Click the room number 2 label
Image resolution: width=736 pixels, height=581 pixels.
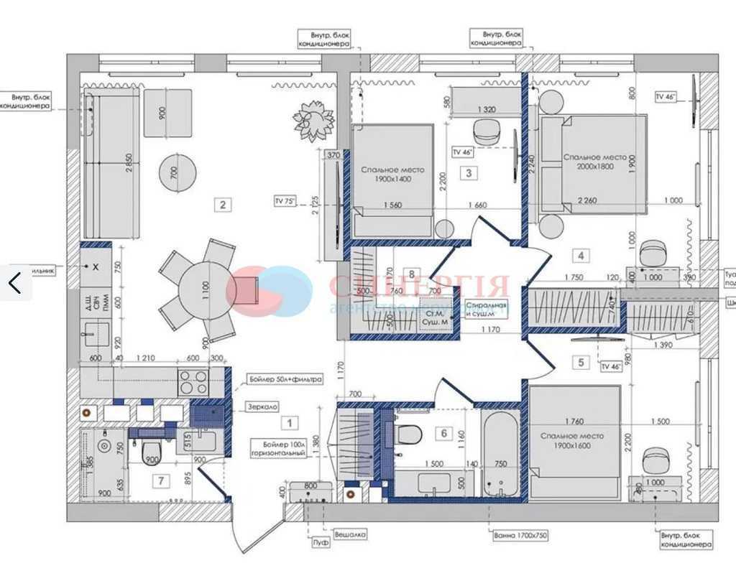pyautogui.click(x=224, y=205)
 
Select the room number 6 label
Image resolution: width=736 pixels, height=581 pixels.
pyautogui.click(x=443, y=433)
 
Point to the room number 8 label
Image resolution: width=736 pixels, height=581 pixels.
pyautogui.click(x=411, y=274)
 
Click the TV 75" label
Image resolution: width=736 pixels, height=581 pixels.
pyautogui.click(x=285, y=202)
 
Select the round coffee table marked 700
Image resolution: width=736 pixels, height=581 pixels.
pyautogui.click(x=177, y=172)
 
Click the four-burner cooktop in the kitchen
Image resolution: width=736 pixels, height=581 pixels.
pyautogui.click(x=193, y=381)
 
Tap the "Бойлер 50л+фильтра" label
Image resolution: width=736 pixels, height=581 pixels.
pyautogui.click(x=285, y=378)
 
